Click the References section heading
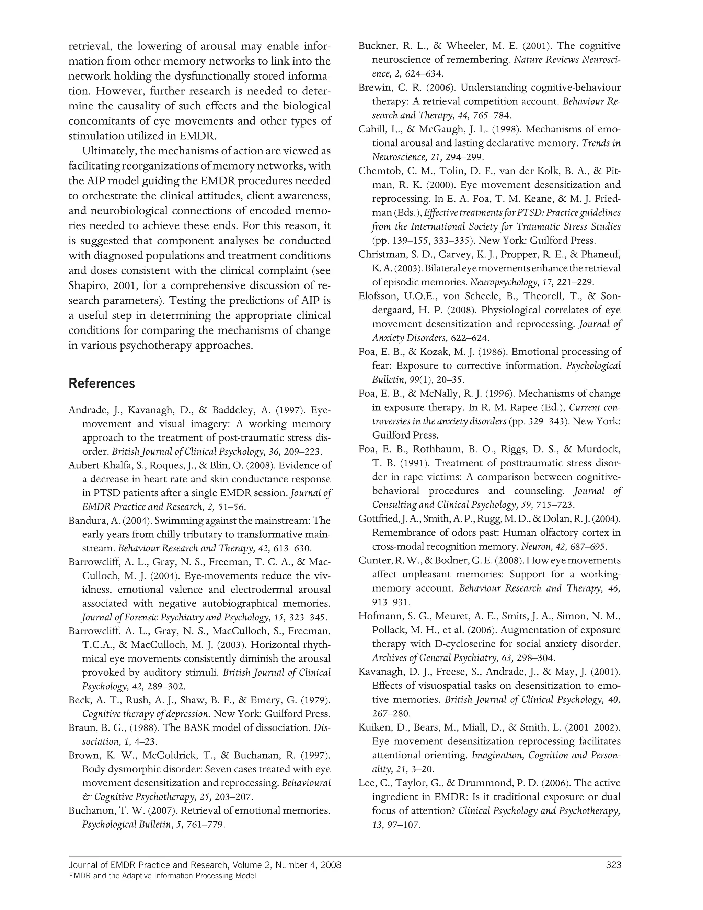click(x=102, y=383)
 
